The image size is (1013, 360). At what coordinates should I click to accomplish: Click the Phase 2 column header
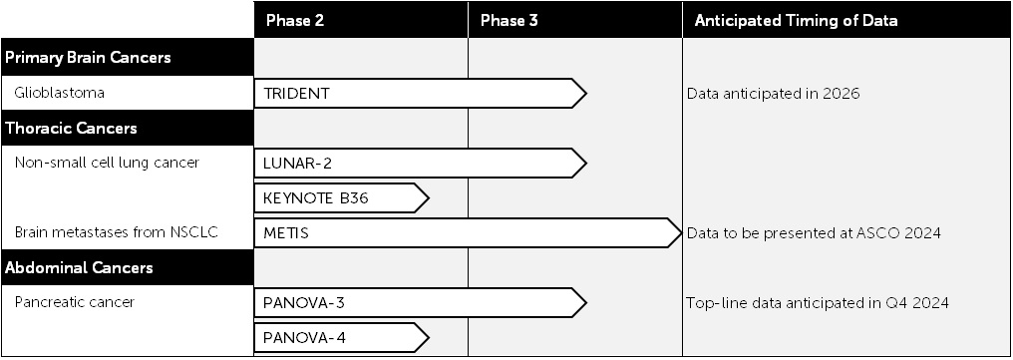point(295,20)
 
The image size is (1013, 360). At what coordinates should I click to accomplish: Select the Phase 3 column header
point(509,20)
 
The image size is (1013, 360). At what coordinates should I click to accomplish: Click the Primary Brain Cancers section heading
point(88,58)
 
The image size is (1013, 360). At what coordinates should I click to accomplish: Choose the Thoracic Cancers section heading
point(71,129)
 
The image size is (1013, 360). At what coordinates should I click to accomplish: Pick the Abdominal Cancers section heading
point(79,268)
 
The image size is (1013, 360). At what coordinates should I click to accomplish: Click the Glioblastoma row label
point(60,94)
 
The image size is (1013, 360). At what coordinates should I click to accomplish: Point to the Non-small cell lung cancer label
point(108,164)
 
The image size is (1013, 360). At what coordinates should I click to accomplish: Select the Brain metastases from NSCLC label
point(117,233)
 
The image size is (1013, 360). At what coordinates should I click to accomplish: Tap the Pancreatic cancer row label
point(75,302)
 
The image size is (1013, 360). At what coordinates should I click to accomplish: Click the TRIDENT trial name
point(296,94)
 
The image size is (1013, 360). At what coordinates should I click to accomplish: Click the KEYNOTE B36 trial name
point(316,198)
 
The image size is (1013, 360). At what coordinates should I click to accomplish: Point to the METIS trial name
point(286,233)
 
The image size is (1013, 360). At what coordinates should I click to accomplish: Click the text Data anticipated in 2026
point(773,94)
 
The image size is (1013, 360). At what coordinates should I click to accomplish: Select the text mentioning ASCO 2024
point(815,233)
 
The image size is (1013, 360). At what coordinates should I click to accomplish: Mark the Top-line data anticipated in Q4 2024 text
point(818,302)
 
